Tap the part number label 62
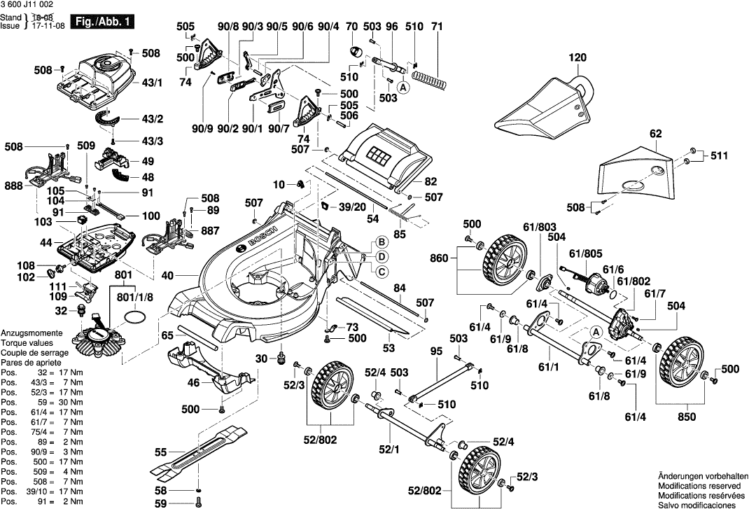coord(654,132)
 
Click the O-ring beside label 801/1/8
coord(136,319)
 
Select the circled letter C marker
coord(383,272)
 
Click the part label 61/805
coord(586,253)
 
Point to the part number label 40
coord(167,276)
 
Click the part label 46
coord(192,382)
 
